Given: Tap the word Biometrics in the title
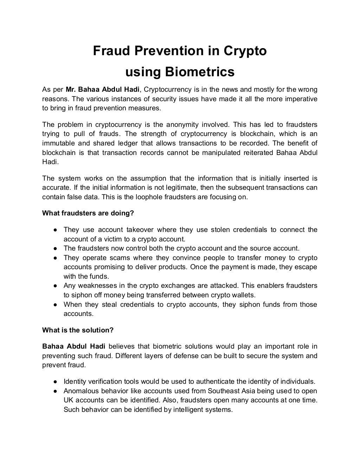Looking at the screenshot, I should click(199, 72).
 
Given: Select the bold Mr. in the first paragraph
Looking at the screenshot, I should click(71, 89).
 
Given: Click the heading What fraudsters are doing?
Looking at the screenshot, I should click(88, 213).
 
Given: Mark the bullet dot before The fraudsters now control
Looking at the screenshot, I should click(56, 248).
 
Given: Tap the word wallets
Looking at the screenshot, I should click(244, 295).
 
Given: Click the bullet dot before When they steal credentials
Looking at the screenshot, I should click(56, 305).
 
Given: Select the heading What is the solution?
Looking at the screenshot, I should click(78, 330).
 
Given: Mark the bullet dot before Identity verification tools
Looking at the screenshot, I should click(56, 382).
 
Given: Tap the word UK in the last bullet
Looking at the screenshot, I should click(69, 400).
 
